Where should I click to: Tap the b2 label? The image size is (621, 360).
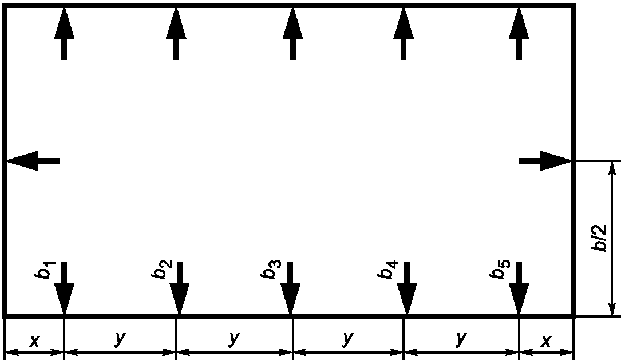[x=161, y=269]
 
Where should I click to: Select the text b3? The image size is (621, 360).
[x=271, y=270]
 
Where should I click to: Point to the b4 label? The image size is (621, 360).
[x=387, y=270]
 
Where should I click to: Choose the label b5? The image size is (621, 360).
[x=500, y=270]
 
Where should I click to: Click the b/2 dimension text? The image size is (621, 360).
[x=599, y=238]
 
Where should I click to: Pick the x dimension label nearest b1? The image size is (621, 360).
[x=35, y=340]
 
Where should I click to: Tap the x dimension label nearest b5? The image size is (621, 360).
[x=547, y=340]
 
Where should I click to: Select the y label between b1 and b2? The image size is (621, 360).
[x=120, y=339]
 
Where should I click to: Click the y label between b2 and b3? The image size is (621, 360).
[x=235, y=339]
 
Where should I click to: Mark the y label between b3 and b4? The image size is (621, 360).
[x=348, y=339]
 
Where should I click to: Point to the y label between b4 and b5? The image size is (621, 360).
[x=461, y=339]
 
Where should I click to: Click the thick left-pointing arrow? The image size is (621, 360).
[x=33, y=161]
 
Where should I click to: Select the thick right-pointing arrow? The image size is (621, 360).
[x=545, y=161]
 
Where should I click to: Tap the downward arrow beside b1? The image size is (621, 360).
[x=64, y=288]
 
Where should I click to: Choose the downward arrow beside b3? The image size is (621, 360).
[x=290, y=288]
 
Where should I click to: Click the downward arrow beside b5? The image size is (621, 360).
[x=519, y=288]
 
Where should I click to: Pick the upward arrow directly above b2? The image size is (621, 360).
[x=176, y=34]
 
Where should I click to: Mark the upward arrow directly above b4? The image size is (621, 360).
[x=404, y=34]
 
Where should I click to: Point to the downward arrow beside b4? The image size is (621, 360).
[x=407, y=288]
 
